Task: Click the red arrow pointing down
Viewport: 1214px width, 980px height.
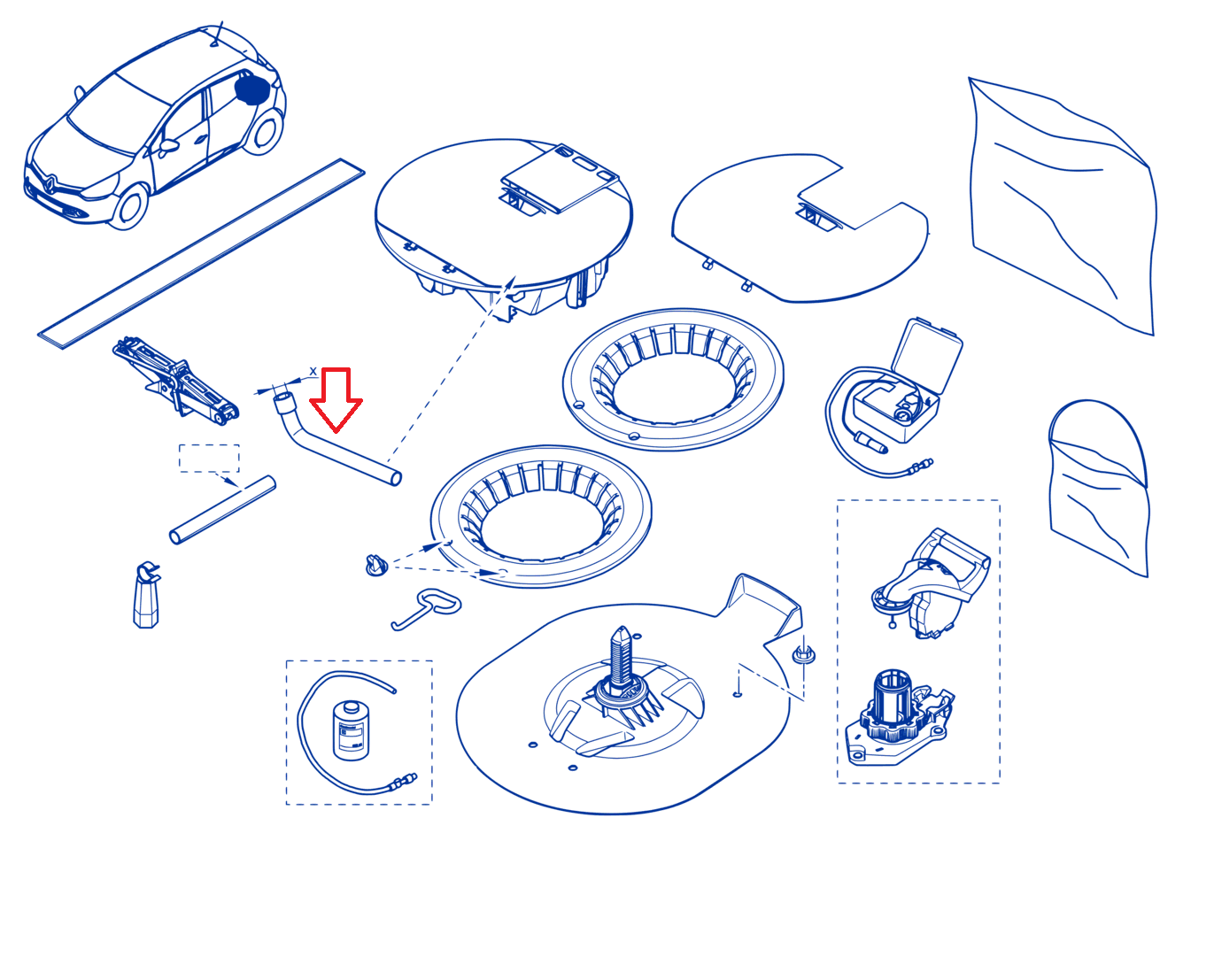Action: [x=336, y=399]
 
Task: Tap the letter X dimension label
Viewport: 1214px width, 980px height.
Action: [x=313, y=372]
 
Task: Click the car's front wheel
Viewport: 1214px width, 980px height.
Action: [x=130, y=206]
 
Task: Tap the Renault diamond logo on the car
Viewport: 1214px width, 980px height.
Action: [x=50, y=181]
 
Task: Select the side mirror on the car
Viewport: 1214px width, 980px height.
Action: [x=168, y=146]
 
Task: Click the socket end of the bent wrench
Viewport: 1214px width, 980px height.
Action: [x=283, y=402]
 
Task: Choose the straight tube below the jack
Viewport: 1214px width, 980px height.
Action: [x=223, y=510]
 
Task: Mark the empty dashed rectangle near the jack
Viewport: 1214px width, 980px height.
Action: [x=209, y=458]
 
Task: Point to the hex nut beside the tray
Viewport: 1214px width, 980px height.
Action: [x=804, y=654]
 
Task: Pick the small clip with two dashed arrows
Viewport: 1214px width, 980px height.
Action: [x=376, y=565]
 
